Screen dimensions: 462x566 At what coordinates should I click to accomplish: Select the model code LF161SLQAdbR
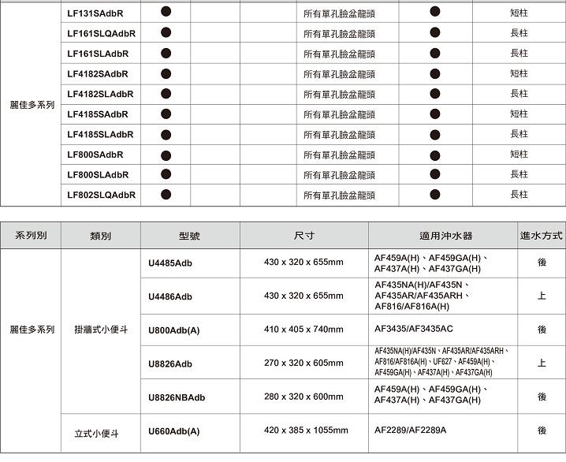[x=101, y=34]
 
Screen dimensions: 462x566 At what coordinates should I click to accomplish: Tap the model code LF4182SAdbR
[x=98, y=74]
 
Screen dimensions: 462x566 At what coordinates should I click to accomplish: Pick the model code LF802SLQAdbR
[x=101, y=195]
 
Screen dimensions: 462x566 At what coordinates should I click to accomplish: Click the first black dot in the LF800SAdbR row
[x=166, y=154]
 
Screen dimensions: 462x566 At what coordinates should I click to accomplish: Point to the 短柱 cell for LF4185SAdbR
[x=519, y=114]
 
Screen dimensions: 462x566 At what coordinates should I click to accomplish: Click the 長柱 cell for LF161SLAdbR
[x=519, y=54]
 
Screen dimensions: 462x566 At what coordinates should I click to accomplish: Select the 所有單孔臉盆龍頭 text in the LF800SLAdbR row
[x=339, y=175]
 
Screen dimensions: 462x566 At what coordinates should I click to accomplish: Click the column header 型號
[x=189, y=236]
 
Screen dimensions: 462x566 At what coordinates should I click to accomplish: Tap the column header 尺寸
[x=303, y=236]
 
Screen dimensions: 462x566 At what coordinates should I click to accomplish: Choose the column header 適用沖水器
[x=446, y=236]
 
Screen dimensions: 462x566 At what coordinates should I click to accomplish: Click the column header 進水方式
[x=542, y=236]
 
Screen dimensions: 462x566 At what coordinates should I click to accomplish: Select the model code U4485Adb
[x=170, y=263]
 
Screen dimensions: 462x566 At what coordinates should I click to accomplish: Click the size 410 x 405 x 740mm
[x=303, y=329]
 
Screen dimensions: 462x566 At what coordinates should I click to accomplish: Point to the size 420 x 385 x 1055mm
[x=306, y=430]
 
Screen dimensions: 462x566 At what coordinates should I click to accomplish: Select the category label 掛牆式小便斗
[x=100, y=329]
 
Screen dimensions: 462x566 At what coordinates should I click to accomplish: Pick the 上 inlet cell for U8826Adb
[x=542, y=363]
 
